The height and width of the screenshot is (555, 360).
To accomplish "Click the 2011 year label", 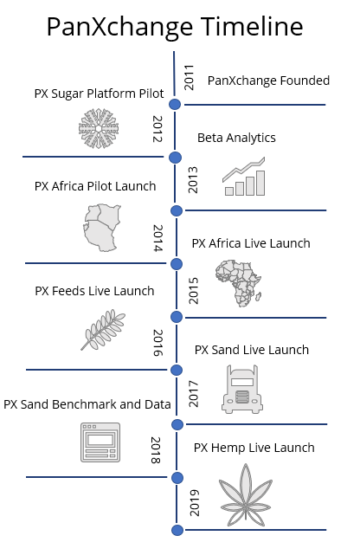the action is coord(190,78).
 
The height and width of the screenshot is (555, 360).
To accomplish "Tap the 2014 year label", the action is coord(158,238).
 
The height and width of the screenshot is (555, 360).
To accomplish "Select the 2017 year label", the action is coord(194,394).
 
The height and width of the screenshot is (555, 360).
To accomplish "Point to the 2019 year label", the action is coord(195,502).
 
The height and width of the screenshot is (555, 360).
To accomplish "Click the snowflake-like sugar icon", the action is coord(99,128).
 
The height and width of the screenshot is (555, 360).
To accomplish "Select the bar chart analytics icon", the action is coord(244,177).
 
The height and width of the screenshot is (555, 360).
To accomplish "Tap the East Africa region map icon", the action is coord(102,228).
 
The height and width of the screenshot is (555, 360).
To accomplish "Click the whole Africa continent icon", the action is coord(238,283).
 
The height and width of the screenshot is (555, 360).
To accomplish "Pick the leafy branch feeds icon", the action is coord(103,330).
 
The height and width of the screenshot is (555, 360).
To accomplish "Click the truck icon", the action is coord(242,389).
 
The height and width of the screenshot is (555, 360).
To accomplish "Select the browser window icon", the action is coord(100,442).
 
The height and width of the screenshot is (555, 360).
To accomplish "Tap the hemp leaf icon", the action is coord(246,495).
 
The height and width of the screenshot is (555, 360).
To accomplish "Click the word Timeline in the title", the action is coord(252,27).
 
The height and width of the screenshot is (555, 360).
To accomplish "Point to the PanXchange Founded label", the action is coord(268,81).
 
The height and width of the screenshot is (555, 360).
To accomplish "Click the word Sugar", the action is coord(67,94).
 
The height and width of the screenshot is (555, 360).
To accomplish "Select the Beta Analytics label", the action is coord(236,138).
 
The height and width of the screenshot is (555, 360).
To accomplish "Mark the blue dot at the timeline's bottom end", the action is coord(177,530).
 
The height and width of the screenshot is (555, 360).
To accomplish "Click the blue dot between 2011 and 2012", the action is coord(175,104).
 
